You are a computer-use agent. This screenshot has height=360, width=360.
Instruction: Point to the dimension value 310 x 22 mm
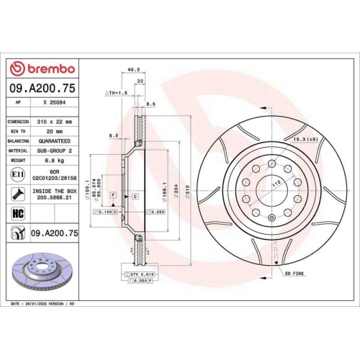(55, 122)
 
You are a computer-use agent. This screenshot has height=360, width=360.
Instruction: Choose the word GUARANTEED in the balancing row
(55, 142)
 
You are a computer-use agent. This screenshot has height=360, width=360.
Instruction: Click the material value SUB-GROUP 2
(55, 152)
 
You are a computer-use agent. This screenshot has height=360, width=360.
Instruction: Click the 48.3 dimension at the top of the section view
(132, 70)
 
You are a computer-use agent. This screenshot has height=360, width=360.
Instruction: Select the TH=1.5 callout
(117, 94)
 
